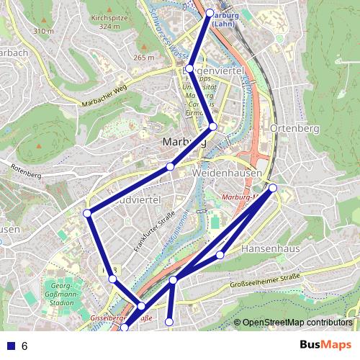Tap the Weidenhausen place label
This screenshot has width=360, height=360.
coord(225,174)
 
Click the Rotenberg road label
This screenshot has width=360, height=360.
coord(26,171)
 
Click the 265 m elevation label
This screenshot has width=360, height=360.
coord(144,58)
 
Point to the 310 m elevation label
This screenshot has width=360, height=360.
coord(43,31)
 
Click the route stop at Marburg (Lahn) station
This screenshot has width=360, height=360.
coord(210,13)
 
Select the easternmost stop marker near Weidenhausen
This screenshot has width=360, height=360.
coord(273,188)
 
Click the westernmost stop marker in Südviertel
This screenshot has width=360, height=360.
coord(87,212)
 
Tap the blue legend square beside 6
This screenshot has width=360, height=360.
coord(10,346)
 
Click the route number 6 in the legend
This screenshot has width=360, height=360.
coord(24,346)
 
